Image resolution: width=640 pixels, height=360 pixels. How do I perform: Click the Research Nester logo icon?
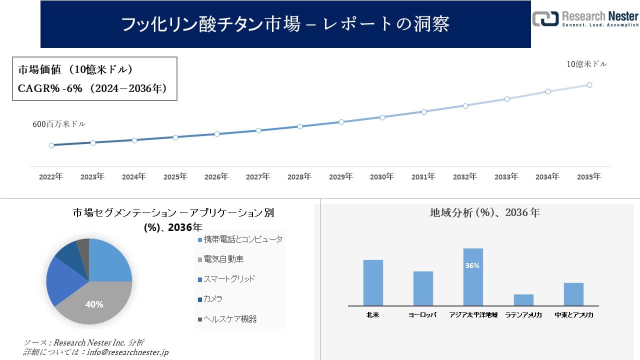point(545,19)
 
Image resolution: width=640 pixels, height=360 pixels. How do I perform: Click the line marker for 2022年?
point(51,145)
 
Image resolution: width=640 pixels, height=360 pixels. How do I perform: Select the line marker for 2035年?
point(589,85)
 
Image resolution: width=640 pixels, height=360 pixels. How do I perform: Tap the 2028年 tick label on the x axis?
point(299,177)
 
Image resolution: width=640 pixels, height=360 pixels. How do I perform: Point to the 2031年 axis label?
point(423,177)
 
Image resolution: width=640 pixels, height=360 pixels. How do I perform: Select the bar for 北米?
point(373,282)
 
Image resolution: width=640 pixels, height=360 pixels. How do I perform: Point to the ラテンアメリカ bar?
point(523,299)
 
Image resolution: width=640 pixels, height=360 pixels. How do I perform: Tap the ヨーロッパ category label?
point(422,315)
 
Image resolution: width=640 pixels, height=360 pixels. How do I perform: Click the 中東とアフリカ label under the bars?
point(574,315)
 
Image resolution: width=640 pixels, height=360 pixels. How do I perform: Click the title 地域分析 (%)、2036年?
point(484,212)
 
